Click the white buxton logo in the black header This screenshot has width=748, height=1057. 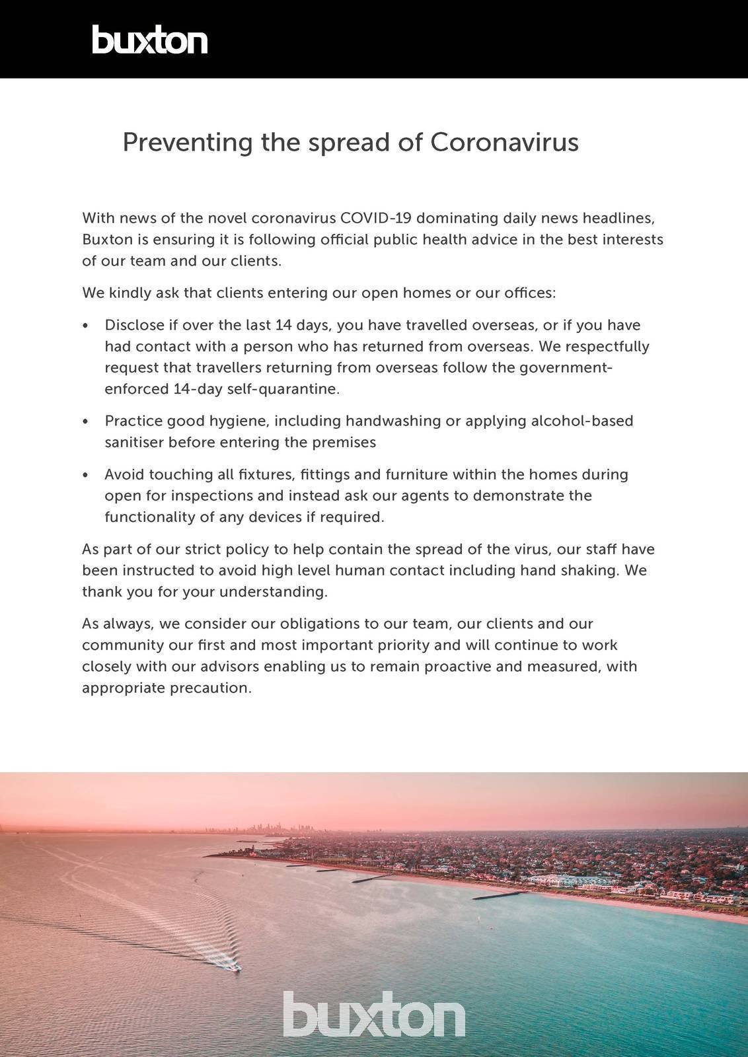coord(149,40)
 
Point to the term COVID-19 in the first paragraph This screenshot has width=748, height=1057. coord(375,218)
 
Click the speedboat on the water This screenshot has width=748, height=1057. coord(233,967)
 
